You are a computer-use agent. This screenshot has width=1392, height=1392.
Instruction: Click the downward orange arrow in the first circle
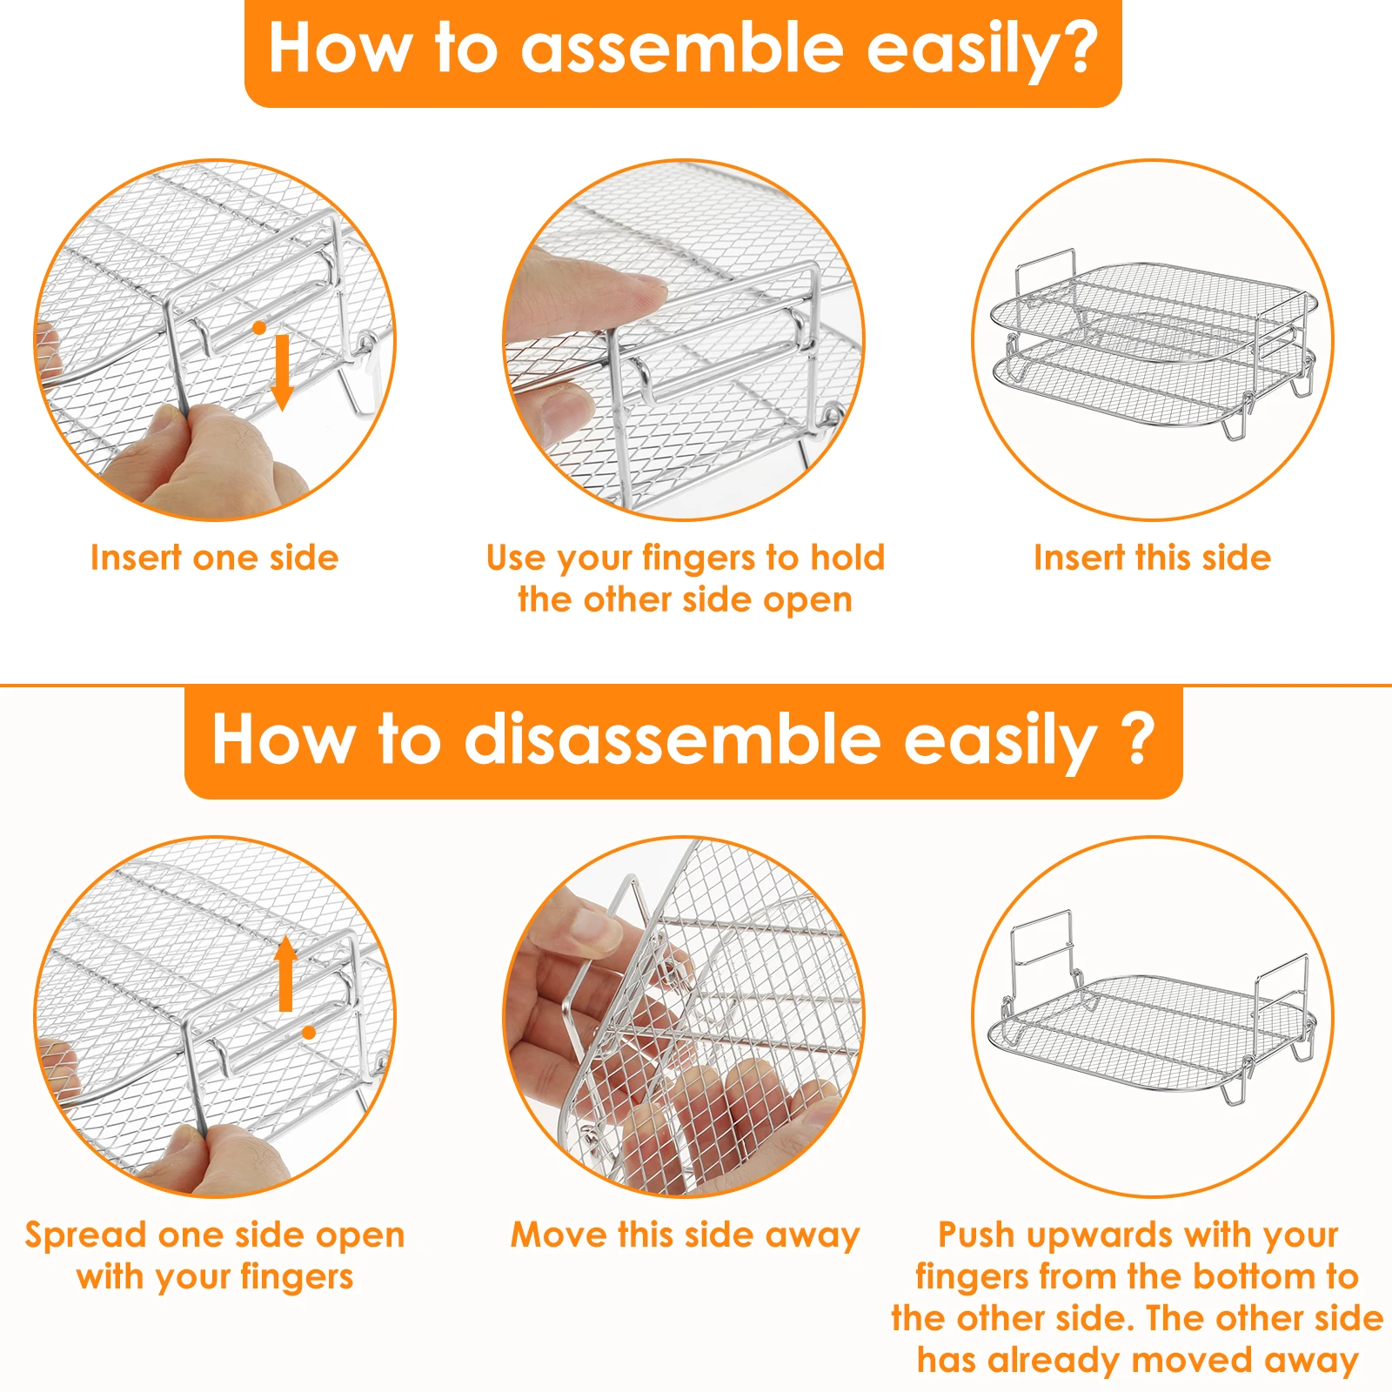coord(282,372)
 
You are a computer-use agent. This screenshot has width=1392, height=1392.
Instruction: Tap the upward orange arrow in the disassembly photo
coord(285,974)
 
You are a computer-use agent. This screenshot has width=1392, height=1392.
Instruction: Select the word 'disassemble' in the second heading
coord(672,739)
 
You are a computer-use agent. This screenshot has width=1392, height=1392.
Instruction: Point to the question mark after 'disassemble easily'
coord(1136,739)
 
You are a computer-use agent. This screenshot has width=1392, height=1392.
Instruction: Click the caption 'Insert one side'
coord(214,558)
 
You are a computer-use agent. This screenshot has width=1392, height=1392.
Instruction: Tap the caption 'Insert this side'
coord(1152,558)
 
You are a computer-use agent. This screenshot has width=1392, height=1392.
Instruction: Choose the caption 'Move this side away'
coord(685,1235)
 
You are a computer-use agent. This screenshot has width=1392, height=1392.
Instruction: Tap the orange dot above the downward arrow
coord(259,328)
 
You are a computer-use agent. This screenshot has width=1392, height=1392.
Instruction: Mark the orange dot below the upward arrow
coord(309,1033)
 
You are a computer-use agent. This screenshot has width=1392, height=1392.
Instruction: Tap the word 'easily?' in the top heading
coord(982,50)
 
